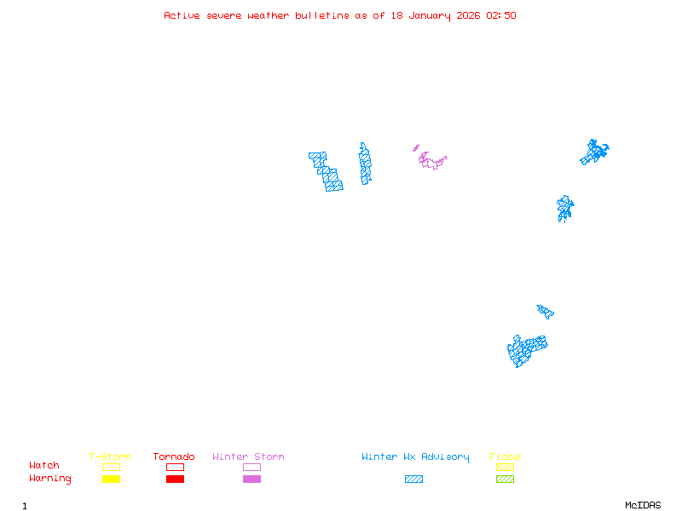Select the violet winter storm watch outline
point(431,161)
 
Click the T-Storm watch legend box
point(111,467)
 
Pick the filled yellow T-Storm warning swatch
point(111,479)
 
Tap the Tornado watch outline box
point(175,467)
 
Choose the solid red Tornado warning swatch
point(175,479)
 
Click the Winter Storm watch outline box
point(251,467)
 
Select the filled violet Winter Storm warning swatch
point(251,479)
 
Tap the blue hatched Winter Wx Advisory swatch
point(413,479)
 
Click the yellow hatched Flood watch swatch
point(505,467)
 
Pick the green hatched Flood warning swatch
point(505,479)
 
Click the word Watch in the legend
point(44,466)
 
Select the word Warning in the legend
point(50,479)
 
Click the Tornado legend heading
point(174,457)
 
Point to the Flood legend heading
point(505,457)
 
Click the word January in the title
point(427,15)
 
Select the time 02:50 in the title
point(501,15)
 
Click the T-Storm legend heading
point(110,457)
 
